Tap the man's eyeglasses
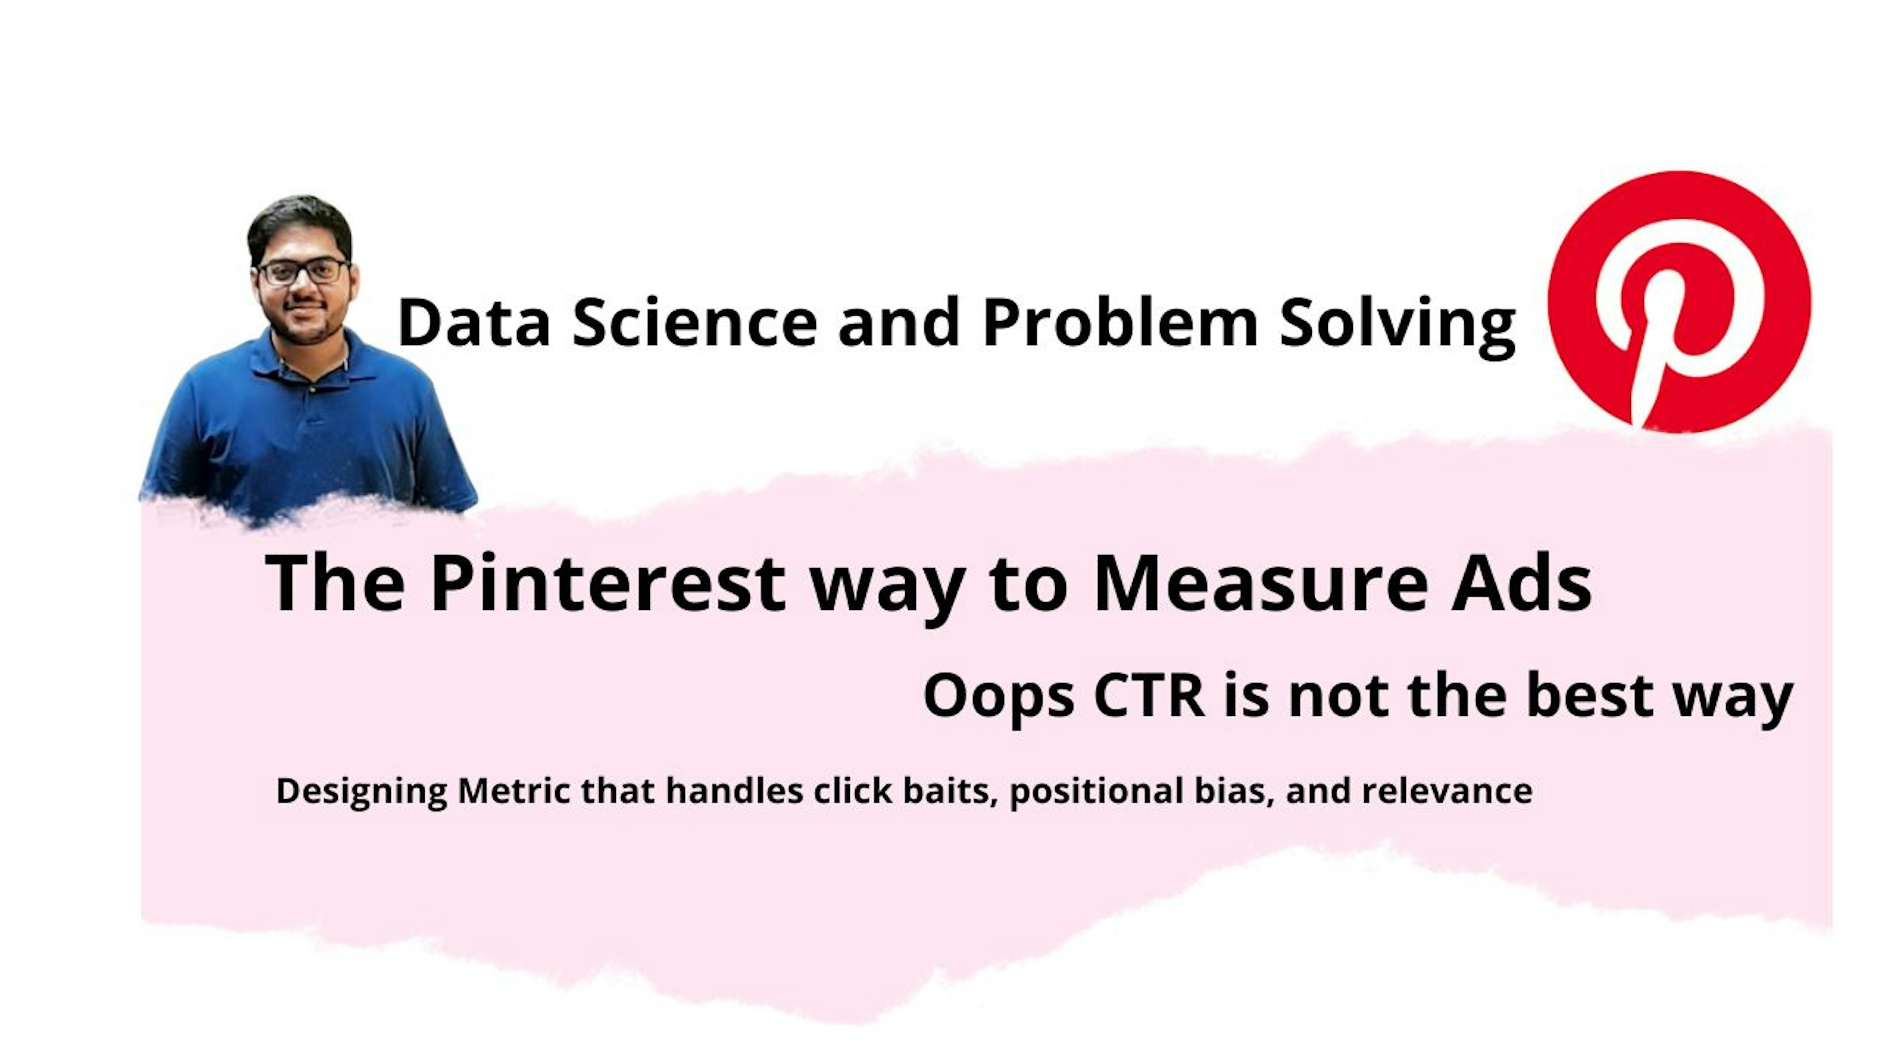(302, 272)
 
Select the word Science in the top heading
(694, 323)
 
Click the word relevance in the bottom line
(1448, 791)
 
